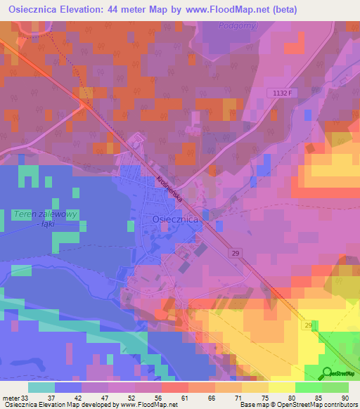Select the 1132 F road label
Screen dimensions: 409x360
click(281, 92)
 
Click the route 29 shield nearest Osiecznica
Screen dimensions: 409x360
click(236, 252)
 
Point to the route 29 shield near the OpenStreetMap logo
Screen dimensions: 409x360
click(308, 325)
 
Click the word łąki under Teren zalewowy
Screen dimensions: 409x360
click(48, 223)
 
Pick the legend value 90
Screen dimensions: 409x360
click(345, 397)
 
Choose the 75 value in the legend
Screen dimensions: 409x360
click(264, 397)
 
